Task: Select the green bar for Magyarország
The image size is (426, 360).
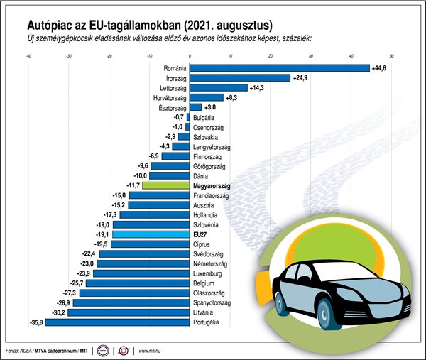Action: pos(167,185)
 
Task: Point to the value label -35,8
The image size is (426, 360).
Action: pos(33,322)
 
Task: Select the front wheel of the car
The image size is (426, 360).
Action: pos(325,310)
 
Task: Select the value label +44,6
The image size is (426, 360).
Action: pos(381,68)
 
